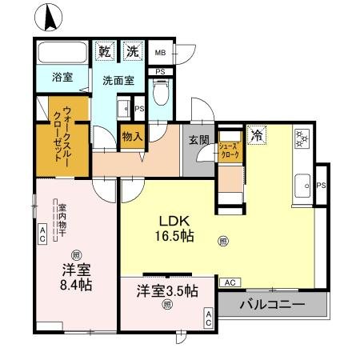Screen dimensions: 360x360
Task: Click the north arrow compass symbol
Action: [50, 16]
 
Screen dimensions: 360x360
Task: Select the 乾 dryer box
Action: [105, 51]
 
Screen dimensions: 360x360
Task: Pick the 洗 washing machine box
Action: [131, 51]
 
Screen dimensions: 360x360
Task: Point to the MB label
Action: [159, 54]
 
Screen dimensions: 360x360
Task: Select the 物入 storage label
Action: [132, 136]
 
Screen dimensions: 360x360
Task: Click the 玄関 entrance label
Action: [199, 138]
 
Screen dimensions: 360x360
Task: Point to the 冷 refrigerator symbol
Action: [256, 136]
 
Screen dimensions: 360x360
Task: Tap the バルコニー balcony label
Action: [272, 305]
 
